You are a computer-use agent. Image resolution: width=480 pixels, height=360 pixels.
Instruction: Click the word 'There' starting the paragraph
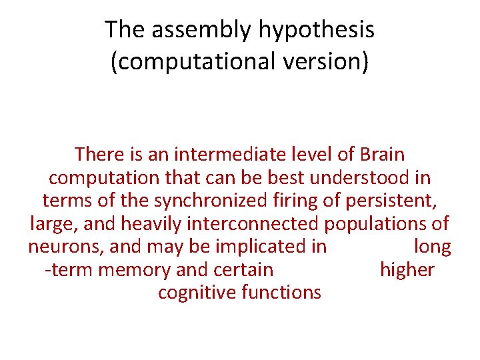(x=100, y=155)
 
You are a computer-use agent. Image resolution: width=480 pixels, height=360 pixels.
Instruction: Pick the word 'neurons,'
(x=66, y=247)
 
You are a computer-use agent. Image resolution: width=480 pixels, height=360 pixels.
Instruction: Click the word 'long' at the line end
(x=432, y=247)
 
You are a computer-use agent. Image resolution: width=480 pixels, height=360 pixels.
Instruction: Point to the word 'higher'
(x=407, y=270)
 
